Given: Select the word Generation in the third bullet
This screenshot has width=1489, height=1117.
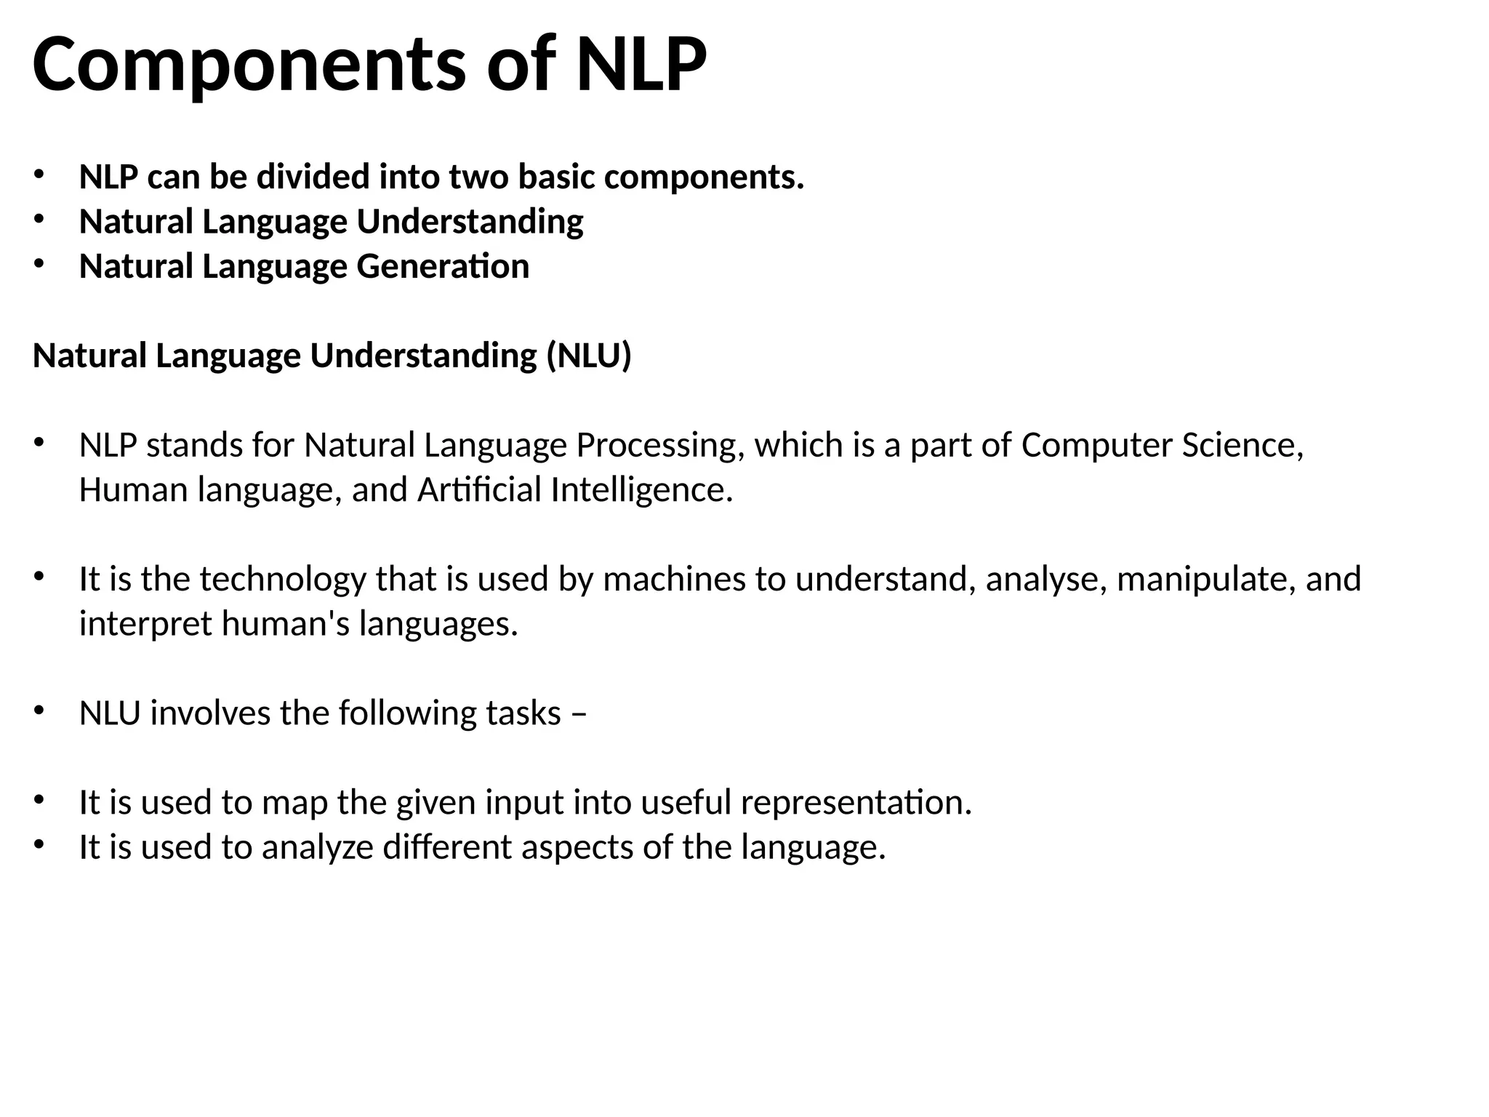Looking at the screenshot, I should click(x=443, y=266).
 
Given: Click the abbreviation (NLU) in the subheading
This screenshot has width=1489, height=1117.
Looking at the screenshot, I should click(x=589, y=356).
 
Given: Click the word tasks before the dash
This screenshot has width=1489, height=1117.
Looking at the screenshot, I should click(x=523, y=713).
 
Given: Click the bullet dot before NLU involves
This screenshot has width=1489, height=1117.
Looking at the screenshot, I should click(x=39, y=710).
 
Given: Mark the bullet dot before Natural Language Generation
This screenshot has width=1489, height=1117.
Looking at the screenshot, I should click(x=39, y=264).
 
